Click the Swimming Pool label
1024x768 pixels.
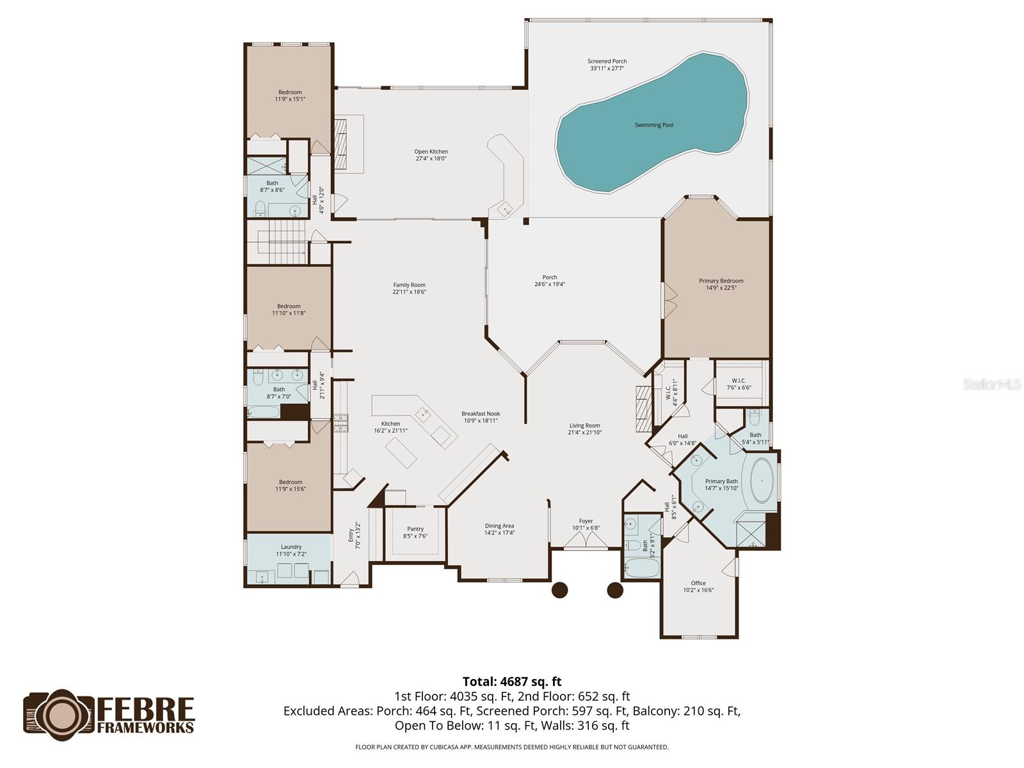[653, 125]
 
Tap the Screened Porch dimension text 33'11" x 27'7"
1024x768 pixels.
[607, 68]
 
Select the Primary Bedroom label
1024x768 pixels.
[721, 281]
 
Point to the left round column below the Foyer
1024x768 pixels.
[559, 589]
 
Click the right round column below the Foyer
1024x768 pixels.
[614, 589]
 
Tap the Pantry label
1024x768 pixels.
[415, 529]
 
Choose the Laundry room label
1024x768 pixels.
[291, 547]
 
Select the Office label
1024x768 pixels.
[698, 583]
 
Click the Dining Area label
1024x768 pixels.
[499, 526]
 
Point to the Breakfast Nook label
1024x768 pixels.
[481, 414]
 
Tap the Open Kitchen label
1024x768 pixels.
[431, 152]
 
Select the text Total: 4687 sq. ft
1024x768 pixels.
[512, 682]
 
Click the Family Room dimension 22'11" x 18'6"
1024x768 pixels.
[409, 292]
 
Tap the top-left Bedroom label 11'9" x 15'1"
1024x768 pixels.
[290, 92]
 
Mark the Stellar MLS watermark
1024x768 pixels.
[992, 384]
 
